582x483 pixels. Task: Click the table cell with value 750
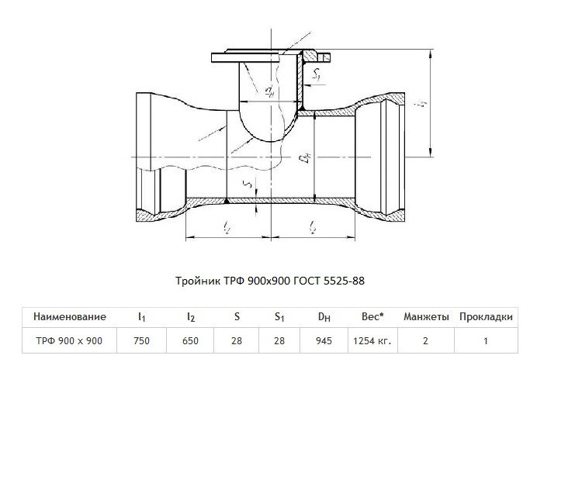141,340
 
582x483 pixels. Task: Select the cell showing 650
190,340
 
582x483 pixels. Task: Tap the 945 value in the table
324,340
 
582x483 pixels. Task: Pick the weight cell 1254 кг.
372,340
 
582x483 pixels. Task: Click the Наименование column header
70,317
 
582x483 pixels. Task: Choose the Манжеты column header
426,317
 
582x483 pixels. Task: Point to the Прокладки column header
486,317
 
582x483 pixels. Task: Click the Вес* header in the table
372,316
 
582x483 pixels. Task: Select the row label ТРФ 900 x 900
69,340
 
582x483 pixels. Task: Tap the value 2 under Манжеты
425,340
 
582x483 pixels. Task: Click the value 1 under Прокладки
486,340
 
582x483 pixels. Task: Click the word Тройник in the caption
198,281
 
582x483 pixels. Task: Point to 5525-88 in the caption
344,281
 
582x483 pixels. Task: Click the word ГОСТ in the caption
307,281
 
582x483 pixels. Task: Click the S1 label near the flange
317,74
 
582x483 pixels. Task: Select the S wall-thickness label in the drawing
249,183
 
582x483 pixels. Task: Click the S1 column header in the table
279,317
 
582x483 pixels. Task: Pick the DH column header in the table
324,317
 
